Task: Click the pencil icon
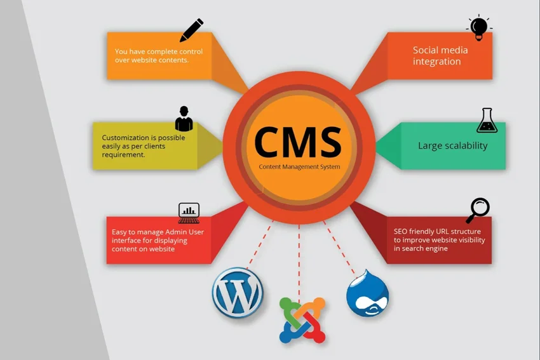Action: (191, 30)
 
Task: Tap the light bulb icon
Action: (479, 28)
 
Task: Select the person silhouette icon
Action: (184, 119)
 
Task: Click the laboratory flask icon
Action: (487, 121)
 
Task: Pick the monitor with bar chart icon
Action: (189, 213)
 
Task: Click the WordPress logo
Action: (238, 293)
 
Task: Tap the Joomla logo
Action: (302, 319)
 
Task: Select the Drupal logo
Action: (367, 293)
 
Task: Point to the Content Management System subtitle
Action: (299, 167)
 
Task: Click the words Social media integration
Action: (440, 56)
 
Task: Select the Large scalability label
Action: (452, 145)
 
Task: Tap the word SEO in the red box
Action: (400, 232)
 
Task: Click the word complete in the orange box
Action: (150, 52)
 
